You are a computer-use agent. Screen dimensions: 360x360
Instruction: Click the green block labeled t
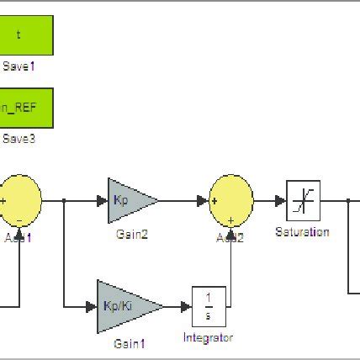pos(25,36)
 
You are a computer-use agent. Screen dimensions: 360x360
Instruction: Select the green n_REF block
pos(25,107)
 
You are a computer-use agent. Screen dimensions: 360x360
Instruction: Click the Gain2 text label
pos(132,236)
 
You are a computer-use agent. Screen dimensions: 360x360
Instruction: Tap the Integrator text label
pos(208,337)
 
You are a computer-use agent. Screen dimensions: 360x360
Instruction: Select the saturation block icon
pos(303,201)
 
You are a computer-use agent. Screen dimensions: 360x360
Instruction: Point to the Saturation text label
pos(302,232)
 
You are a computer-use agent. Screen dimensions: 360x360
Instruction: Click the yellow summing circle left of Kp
pos(19,200)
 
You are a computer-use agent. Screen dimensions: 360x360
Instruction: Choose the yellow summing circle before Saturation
pos(230,200)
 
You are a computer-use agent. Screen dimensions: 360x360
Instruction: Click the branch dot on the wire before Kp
pos(65,201)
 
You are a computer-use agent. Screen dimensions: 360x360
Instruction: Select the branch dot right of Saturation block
pos(348,201)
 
